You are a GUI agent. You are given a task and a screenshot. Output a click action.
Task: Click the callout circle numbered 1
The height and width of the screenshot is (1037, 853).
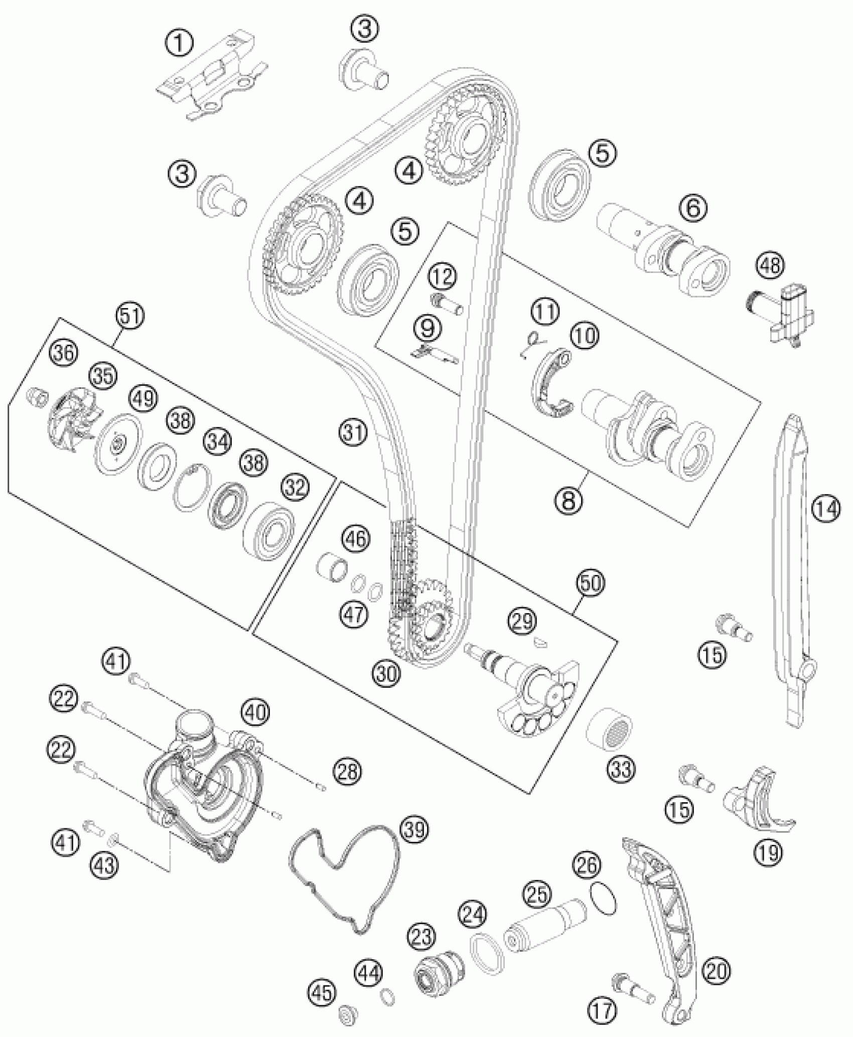(180, 44)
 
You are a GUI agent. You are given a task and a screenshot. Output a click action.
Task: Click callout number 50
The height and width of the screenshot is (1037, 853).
(591, 583)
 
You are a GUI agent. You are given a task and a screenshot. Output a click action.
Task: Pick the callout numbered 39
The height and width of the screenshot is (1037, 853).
(414, 831)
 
